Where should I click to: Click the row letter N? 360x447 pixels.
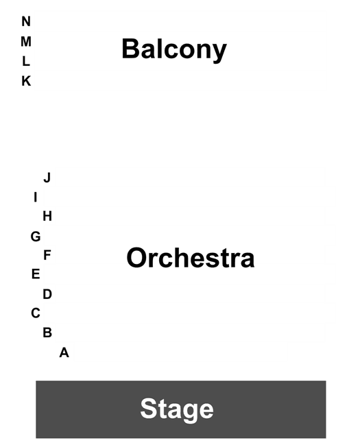[x=26, y=21]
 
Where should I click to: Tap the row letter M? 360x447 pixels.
[x=26, y=42]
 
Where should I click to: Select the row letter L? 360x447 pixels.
[x=26, y=61]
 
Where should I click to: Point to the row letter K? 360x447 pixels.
[x=26, y=81]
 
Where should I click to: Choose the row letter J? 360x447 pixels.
[x=47, y=178]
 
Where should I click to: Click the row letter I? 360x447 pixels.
[x=36, y=197]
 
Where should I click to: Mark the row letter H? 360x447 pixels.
[x=47, y=216]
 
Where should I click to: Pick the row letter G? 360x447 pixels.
[x=36, y=237]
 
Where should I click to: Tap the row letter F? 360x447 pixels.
[x=47, y=255]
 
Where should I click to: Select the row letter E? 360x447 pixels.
[x=36, y=274]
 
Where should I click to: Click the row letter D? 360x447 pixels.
[x=47, y=294]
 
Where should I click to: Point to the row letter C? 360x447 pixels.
[x=36, y=313]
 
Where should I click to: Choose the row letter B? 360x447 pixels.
[x=47, y=333]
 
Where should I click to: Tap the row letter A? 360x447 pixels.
[x=64, y=352]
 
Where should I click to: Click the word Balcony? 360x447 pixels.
[x=174, y=49]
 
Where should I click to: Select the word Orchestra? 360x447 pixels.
[x=191, y=258]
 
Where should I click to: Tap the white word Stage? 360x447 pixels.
[x=177, y=409]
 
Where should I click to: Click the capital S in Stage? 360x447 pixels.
[x=149, y=409]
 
